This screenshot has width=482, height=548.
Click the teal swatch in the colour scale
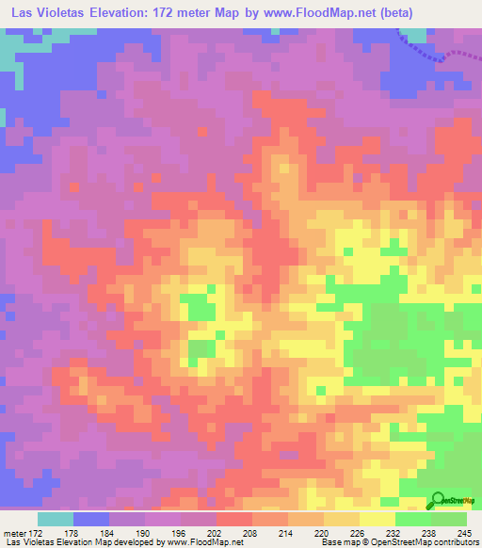(x=56, y=519)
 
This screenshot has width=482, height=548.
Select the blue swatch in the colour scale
(x=91, y=519)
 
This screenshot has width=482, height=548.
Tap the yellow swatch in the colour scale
(x=377, y=519)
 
